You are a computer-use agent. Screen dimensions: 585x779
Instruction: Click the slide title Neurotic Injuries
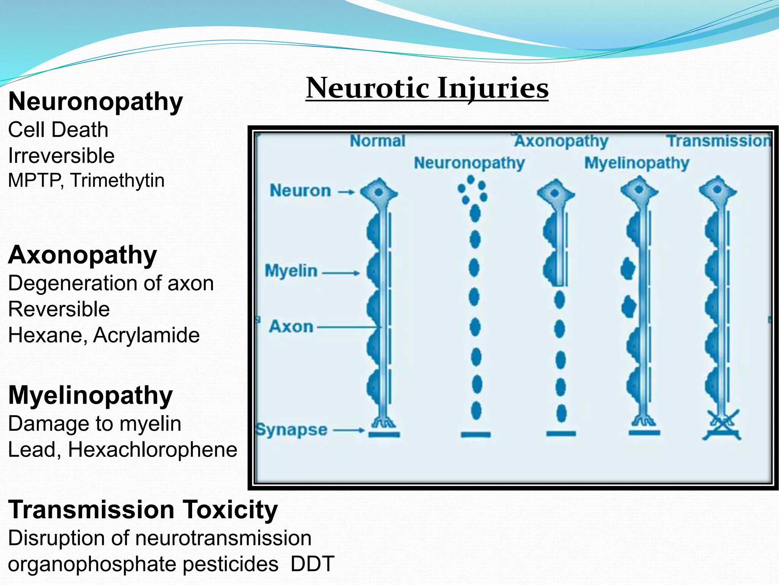(x=427, y=88)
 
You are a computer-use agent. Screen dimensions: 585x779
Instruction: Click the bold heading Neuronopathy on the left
(x=95, y=102)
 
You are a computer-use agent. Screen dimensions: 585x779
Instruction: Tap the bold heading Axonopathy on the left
(x=82, y=255)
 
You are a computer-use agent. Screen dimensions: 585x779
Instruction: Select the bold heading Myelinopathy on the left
(x=90, y=395)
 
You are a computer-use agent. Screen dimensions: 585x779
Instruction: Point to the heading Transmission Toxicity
(x=143, y=510)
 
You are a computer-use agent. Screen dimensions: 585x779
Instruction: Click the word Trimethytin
(x=117, y=180)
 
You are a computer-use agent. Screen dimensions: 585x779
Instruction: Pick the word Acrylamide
(x=146, y=335)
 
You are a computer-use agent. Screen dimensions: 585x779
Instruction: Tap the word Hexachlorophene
(x=153, y=449)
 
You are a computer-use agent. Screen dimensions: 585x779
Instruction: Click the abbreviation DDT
(x=312, y=564)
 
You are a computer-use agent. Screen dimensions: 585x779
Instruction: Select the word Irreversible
(x=61, y=156)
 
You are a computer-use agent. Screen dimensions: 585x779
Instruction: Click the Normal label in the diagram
(x=377, y=141)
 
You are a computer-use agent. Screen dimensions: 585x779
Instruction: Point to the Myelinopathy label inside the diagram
(x=636, y=163)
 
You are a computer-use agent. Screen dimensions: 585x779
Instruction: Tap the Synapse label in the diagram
(x=291, y=430)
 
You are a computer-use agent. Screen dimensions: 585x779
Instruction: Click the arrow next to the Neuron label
(x=346, y=192)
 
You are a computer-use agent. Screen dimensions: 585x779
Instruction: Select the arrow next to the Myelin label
(x=340, y=273)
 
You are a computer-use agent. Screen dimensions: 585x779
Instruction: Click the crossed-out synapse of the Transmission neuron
(x=721, y=425)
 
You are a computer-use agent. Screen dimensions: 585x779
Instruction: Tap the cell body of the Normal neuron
(x=378, y=192)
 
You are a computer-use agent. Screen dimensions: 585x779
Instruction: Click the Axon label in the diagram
(x=291, y=327)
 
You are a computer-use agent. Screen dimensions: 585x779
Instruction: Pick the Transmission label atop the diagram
(x=718, y=141)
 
